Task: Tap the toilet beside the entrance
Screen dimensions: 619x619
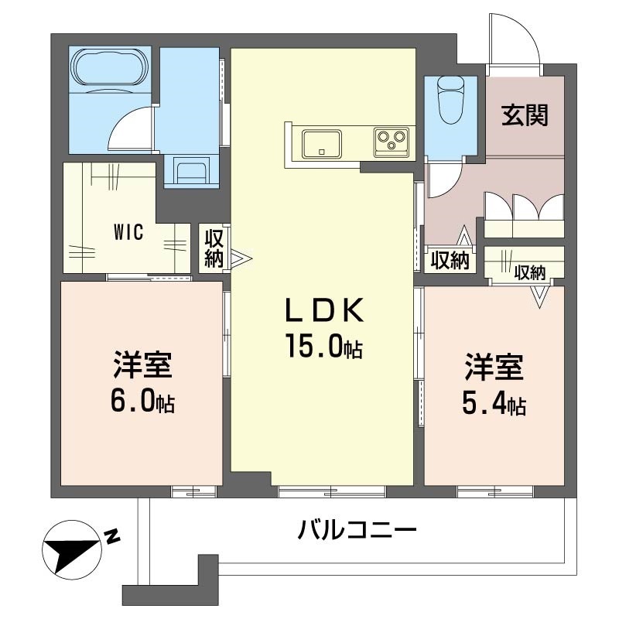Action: [450, 101]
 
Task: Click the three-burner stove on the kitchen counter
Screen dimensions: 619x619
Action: [392, 142]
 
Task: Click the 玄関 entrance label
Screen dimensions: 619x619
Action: [525, 115]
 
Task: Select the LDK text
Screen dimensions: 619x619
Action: [324, 311]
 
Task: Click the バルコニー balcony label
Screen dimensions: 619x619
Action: [357, 532]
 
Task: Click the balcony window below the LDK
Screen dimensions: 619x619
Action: [331, 490]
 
